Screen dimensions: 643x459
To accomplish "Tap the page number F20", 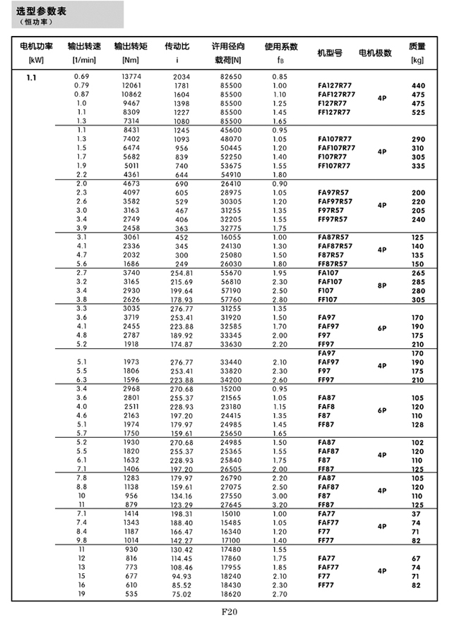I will click(x=229, y=612).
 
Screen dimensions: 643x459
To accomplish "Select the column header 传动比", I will click(x=177, y=47).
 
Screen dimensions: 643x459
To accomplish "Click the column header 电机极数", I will click(x=375, y=53).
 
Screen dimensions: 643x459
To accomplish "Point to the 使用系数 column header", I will click(x=280, y=47).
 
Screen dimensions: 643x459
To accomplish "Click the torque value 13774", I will click(x=131, y=76).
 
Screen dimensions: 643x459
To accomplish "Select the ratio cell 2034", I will click(x=181, y=76).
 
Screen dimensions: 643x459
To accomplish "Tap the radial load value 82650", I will click(x=231, y=76).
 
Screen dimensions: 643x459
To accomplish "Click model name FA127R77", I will click(x=336, y=85).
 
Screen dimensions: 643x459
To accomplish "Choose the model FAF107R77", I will click(x=336, y=149).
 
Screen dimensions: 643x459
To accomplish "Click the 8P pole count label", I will click(x=382, y=286).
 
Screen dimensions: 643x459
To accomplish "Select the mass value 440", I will click(x=418, y=85).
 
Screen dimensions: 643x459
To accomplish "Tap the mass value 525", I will click(x=418, y=112).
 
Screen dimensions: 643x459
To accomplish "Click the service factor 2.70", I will click(x=280, y=594).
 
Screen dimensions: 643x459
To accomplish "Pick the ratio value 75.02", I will click(x=181, y=594).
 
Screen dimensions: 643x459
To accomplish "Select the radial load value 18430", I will click(x=231, y=585).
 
